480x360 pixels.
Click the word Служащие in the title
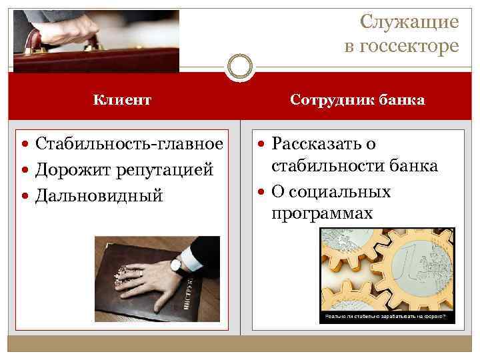click(x=409, y=22)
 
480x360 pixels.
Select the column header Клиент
click(x=122, y=100)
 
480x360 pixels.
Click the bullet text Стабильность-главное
click(x=129, y=144)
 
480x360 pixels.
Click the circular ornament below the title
click(x=240, y=67)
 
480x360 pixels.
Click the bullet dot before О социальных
click(x=261, y=192)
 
